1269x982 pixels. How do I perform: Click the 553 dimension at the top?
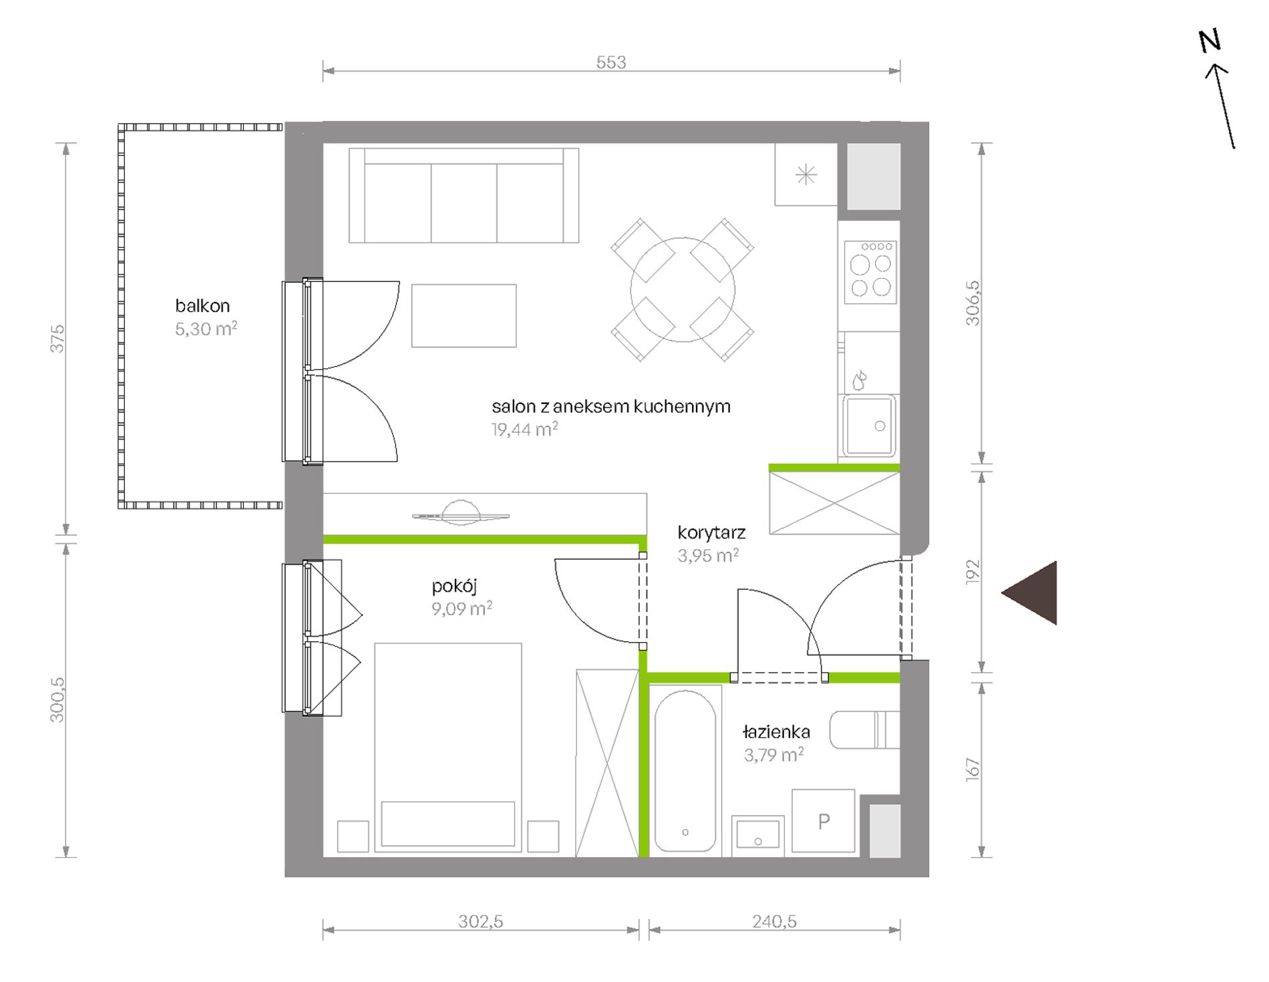click(x=611, y=62)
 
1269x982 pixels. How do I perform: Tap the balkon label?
click(x=202, y=306)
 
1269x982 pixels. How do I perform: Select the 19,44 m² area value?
click(x=525, y=429)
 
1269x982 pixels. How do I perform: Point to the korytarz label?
click(x=711, y=532)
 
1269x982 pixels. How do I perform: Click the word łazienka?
click(x=776, y=731)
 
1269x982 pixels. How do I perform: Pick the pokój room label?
click(x=454, y=587)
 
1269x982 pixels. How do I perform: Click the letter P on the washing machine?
click(x=824, y=821)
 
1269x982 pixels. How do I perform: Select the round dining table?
click(x=683, y=290)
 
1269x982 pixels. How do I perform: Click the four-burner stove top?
click(x=870, y=272)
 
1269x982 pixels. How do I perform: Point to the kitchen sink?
click(x=869, y=426)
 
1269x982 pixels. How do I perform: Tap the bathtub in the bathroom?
click(x=685, y=770)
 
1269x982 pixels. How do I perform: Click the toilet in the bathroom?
click(x=864, y=730)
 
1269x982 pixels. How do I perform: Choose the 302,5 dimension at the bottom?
click(x=481, y=922)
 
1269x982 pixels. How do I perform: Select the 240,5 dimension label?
click(x=775, y=922)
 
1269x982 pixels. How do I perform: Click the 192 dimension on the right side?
click(x=972, y=572)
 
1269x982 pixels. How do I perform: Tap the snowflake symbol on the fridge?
click(x=806, y=176)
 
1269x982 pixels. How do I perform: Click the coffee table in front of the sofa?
click(x=464, y=316)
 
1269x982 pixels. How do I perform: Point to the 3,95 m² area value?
click(x=708, y=555)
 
